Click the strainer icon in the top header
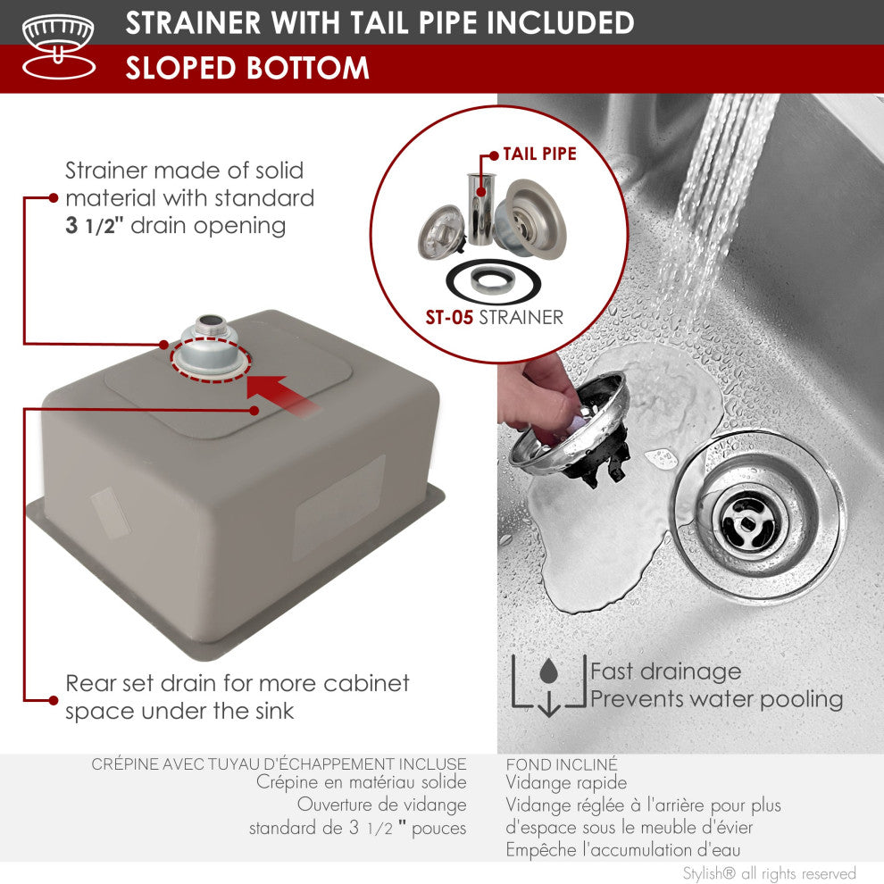[59, 46]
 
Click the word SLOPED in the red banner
[180, 68]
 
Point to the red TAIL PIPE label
[539, 154]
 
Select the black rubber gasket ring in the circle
[493, 282]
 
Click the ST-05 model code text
[449, 317]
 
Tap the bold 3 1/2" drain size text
[94, 226]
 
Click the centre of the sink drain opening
[748, 521]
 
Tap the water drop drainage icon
[548, 685]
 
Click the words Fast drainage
[665, 671]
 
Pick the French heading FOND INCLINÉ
[562, 764]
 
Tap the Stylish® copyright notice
[769, 873]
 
